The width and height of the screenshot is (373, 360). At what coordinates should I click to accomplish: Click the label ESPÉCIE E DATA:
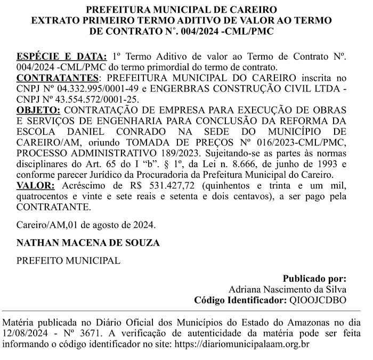[x=62, y=56]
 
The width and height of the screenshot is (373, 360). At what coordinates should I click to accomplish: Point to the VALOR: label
[x=36, y=185]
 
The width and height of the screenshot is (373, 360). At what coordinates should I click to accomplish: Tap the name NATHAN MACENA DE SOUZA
[x=88, y=243]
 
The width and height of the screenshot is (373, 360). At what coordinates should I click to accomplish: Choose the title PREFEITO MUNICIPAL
[x=68, y=261]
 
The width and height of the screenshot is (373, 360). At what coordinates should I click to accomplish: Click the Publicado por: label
[x=314, y=279]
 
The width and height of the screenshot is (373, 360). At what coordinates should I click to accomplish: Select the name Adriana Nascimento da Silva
[x=287, y=289]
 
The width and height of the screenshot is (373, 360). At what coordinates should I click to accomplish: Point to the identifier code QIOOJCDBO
[x=318, y=300]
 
